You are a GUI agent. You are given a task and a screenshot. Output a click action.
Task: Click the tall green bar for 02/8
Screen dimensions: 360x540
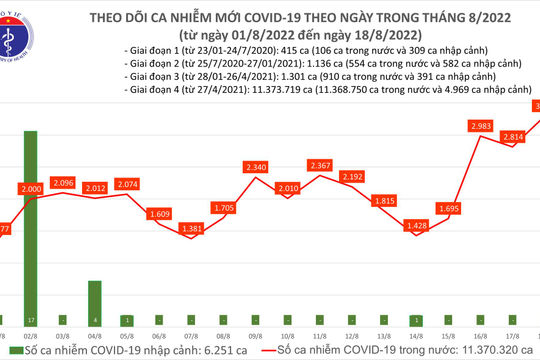(x=30, y=225)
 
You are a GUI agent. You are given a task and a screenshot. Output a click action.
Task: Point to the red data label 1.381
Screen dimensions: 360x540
(x=190, y=229)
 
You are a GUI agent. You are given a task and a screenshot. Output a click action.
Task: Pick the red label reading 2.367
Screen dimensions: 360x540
(x=319, y=165)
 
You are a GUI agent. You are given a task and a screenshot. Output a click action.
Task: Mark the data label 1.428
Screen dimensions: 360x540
(x=415, y=226)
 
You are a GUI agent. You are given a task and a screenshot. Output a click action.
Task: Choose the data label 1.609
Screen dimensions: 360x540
(x=158, y=214)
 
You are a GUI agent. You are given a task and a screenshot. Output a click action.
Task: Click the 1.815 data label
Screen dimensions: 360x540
(x=383, y=201)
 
